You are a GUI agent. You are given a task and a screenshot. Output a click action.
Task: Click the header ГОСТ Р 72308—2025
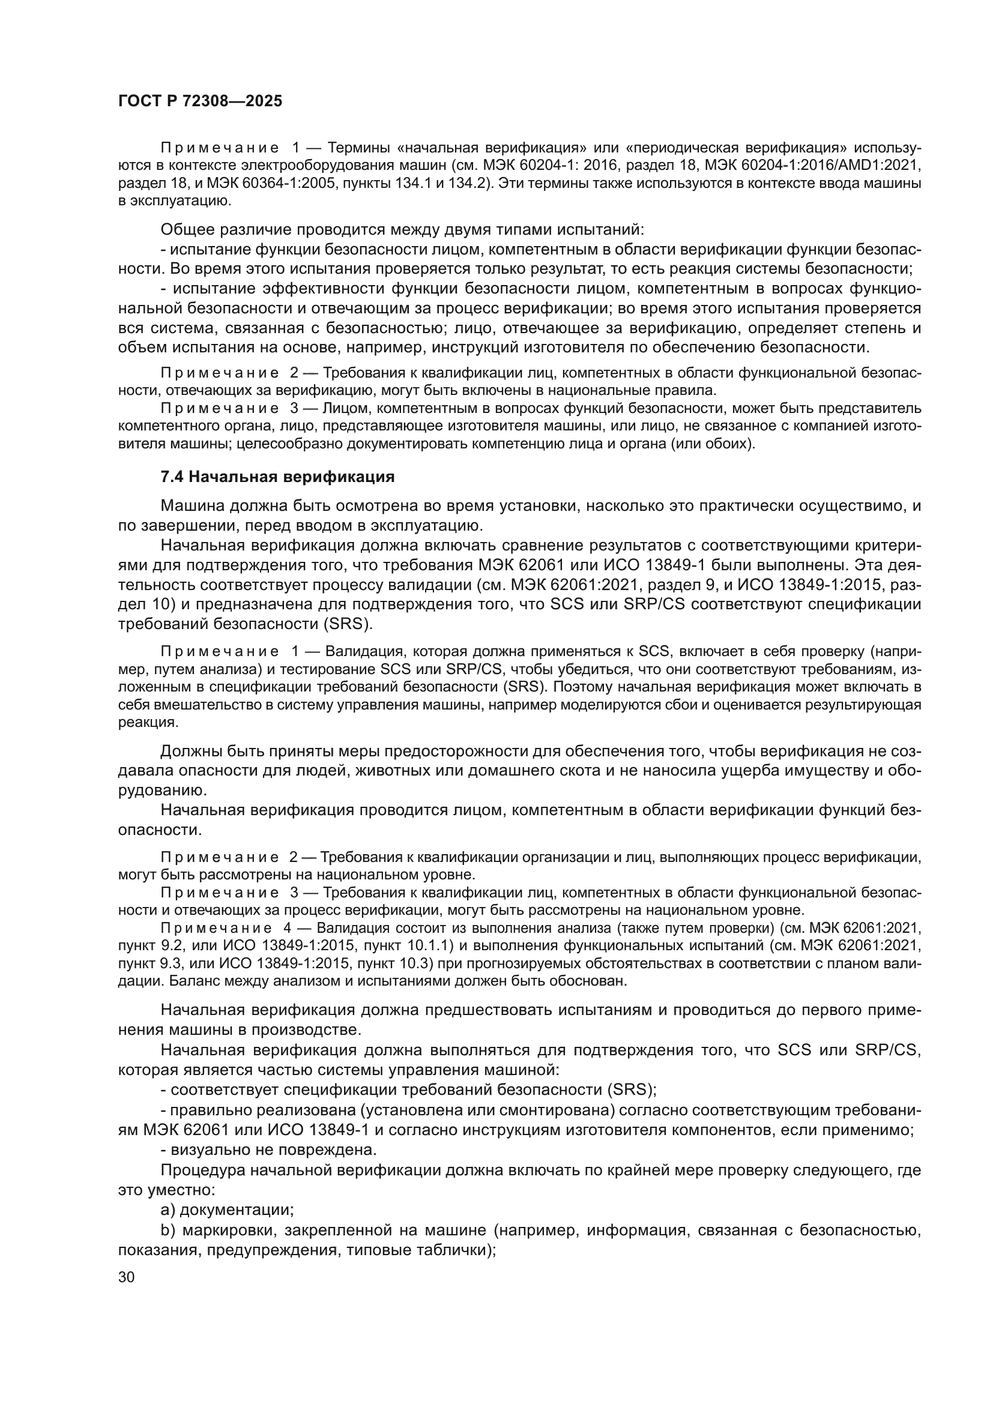[200, 101]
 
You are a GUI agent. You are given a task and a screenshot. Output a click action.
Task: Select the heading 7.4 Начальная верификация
[277, 477]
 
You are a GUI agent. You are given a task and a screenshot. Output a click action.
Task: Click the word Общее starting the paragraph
[188, 230]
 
